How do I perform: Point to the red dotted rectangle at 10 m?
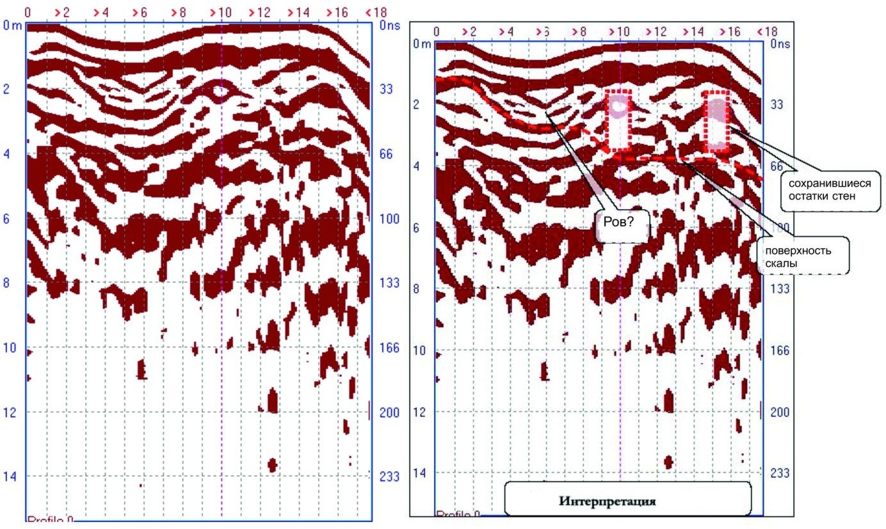619,120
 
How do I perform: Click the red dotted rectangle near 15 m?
716,122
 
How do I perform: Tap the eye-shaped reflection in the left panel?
220,91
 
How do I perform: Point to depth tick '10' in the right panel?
417,351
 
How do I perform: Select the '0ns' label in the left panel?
389,26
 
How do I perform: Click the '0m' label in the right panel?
421,45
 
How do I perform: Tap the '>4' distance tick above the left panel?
101,12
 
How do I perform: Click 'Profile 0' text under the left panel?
50,520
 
